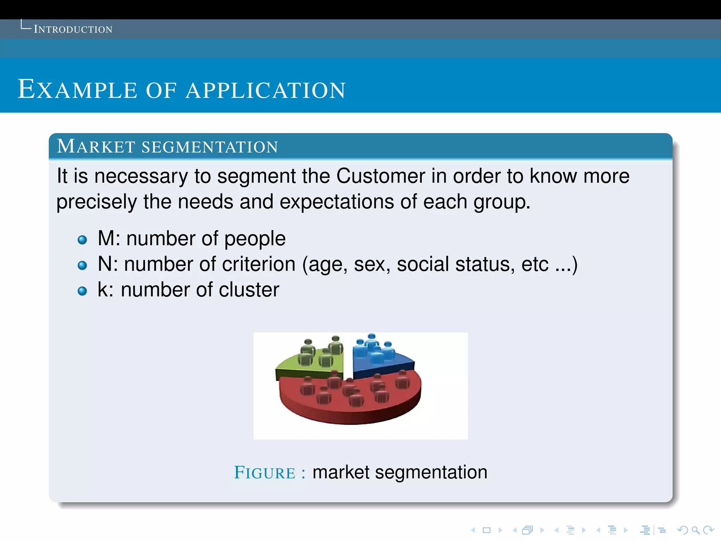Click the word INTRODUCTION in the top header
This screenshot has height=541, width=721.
click(x=73, y=29)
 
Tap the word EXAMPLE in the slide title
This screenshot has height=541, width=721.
click(x=77, y=89)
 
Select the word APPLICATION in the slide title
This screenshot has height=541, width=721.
click(x=266, y=90)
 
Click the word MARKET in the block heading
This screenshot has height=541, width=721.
click(x=96, y=147)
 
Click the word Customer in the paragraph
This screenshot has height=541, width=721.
click(x=381, y=176)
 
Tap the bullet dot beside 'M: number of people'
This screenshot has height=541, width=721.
click(x=82, y=240)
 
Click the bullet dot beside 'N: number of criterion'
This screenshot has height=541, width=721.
click(x=82, y=265)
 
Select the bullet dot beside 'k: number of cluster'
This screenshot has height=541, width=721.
click(x=82, y=291)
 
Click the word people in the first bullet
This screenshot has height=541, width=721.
click(x=255, y=239)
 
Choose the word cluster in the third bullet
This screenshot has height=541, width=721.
click(x=249, y=290)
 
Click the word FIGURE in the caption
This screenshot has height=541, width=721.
click(x=265, y=473)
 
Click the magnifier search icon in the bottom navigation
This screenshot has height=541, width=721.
click(x=696, y=530)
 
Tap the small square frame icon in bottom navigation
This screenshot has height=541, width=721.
click(x=487, y=530)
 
